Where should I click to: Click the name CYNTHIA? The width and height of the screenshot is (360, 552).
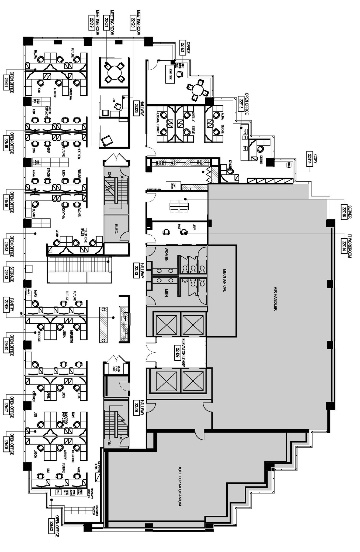[x=63, y=213]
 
